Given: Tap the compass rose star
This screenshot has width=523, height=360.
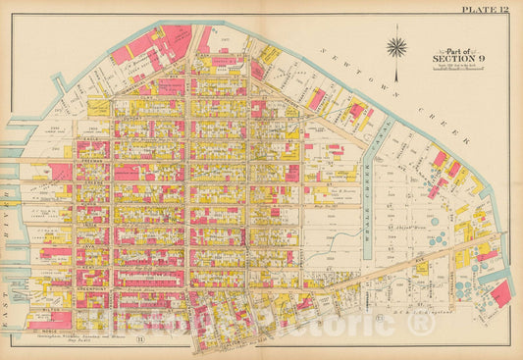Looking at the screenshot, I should click(396, 46).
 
